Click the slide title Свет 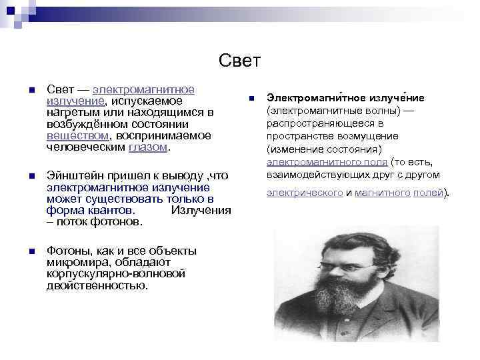pos(239,61)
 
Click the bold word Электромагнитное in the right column pos(313,98)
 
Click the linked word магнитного pos(382,193)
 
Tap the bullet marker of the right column pos(252,99)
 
